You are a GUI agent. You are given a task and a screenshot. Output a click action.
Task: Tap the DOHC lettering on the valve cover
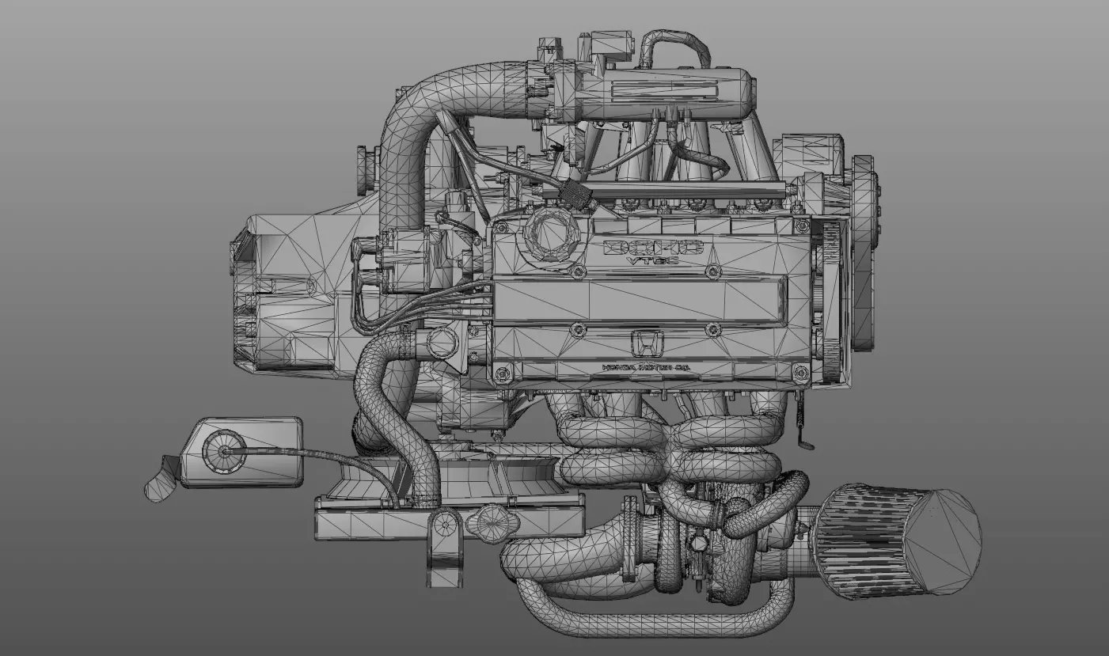[x=653, y=247]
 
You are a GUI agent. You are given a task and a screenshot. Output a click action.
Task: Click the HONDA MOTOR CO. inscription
[x=644, y=368]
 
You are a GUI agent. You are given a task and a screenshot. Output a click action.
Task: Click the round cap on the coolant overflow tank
[x=222, y=451]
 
